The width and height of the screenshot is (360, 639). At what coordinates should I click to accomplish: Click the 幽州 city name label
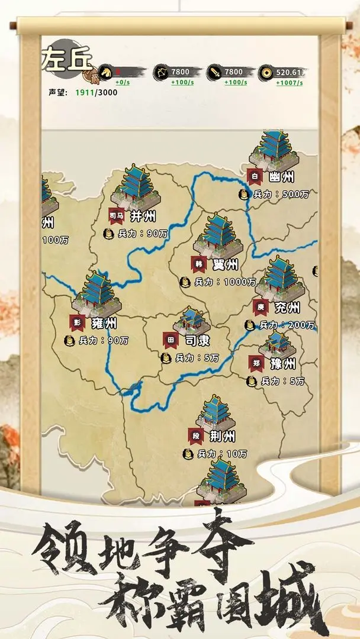point(282,176)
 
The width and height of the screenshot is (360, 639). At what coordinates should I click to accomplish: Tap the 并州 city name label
point(143,215)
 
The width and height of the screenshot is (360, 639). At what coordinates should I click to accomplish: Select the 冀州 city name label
point(224,264)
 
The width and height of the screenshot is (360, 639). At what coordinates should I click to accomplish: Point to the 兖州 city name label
point(287,308)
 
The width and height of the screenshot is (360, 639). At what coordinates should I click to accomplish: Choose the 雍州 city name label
point(104,323)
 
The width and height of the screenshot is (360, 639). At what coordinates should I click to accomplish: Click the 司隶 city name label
point(197,341)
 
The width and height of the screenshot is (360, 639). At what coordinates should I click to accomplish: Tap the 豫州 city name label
point(282,363)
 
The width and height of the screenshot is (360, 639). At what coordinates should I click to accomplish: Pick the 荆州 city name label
point(223,437)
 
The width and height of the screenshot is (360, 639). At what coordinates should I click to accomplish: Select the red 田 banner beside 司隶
point(171,341)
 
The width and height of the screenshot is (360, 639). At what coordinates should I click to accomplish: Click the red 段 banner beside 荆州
point(196,437)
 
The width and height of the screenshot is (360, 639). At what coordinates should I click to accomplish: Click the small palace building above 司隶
point(191,320)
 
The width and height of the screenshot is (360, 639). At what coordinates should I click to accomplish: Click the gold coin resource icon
point(266,73)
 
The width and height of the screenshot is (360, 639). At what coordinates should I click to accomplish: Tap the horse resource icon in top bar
point(105,72)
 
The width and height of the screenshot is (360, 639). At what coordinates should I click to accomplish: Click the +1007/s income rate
point(290,83)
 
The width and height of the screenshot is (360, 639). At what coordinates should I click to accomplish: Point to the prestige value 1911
point(85,93)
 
